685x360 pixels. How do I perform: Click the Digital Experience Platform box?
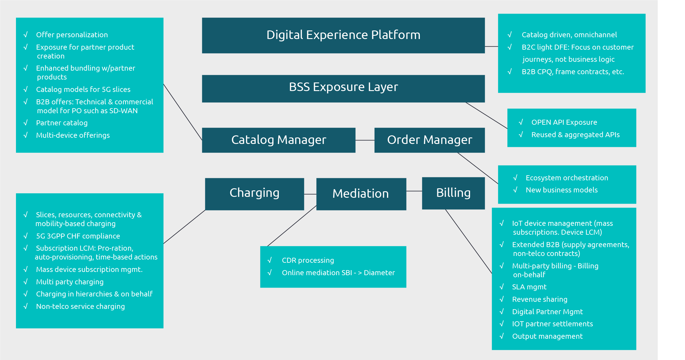[x=343, y=35]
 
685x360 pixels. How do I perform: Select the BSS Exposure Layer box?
[x=343, y=88]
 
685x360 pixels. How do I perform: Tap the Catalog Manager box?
[x=278, y=140]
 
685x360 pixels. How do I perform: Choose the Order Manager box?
[x=429, y=140]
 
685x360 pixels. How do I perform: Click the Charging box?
[x=254, y=194]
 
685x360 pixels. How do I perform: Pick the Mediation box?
[x=361, y=194]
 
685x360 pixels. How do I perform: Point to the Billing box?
[x=453, y=193]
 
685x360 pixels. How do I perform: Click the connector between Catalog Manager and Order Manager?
[x=365, y=140]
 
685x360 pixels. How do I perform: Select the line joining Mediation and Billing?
[x=414, y=191]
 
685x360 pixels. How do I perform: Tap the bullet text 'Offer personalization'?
[x=72, y=35]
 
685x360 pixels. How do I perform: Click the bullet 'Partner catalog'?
[x=62, y=123]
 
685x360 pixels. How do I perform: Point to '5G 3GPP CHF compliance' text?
[x=78, y=236]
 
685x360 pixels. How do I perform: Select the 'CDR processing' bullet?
[x=308, y=260]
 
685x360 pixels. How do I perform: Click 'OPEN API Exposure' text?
[x=564, y=122]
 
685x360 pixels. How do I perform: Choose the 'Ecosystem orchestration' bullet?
[x=567, y=178]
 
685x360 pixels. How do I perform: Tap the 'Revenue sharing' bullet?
[x=540, y=299]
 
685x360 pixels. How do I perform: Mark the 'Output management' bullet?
[x=547, y=336]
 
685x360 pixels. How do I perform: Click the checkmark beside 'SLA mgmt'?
[x=501, y=287]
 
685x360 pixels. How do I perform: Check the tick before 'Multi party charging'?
[x=25, y=282]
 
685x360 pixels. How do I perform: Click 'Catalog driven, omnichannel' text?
[x=569, y=35]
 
